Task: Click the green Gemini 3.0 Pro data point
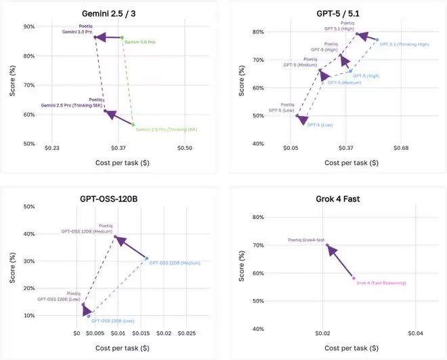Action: click(x=122, y=38)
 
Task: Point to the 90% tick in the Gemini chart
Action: click(x=29, y=26)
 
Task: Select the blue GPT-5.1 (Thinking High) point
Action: click(x=377, y=40)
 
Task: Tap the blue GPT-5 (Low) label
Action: click(x=319, y=125)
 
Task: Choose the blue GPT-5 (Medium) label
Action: click(x=344, y=83)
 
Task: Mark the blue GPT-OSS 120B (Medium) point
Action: click(x=146, y=258)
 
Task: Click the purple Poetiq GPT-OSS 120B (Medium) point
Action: click(x=115, y=237)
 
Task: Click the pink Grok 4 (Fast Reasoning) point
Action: click(x=353, y=278)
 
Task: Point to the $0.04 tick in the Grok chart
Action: click(x=415, y=334)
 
